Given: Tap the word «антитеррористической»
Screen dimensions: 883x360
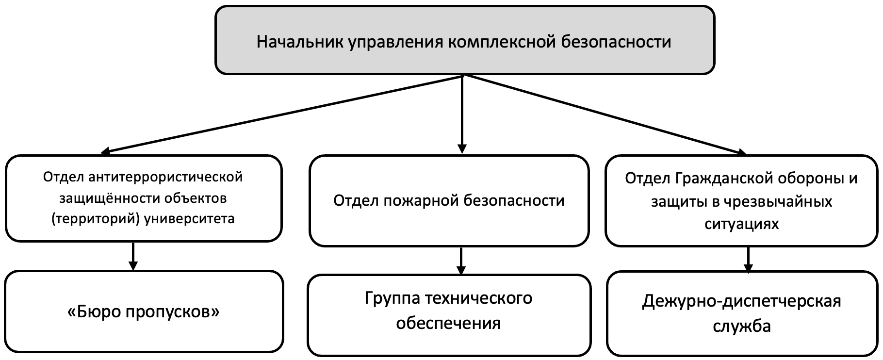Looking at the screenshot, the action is pyautogui.click(x=165, y=177).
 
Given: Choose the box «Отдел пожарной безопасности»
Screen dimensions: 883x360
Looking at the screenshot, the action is pyautogui.click(x=449, y=200).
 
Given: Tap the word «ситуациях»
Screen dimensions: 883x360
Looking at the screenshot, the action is pyautogui.click(x=741, y=224).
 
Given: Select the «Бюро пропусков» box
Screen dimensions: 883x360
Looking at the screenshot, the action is pyautogui.click(x=144, y=311).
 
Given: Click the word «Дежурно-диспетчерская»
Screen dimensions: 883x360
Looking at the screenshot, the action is pyautogui.click(x=741, y=301).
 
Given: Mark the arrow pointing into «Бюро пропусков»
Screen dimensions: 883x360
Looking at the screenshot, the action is pyautogui.click(x=133, y=256).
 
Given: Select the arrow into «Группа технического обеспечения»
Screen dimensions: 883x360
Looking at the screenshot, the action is pyautogui.click(x=461, y=261).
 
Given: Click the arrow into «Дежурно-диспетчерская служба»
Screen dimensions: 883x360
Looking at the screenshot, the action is pyautogui.click(x=749, y=260).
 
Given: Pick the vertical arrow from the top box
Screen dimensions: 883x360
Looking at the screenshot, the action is pyautogui.click(x=462, y=114).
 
